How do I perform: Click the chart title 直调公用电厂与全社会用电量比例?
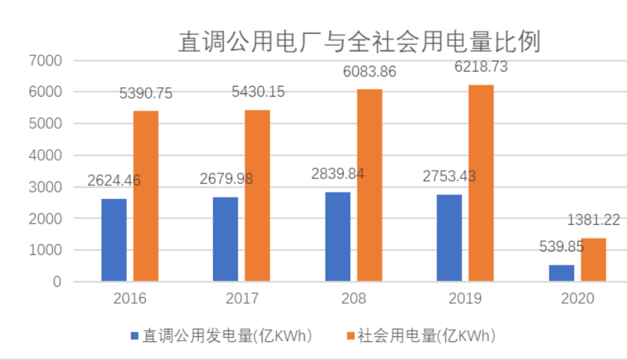[x=359, y=42]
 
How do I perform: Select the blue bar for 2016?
[x=114, y=240]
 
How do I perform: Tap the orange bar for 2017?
[x=257, y=196]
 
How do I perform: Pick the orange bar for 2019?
[x=481, y=183]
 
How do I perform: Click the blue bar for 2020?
[x=561, y=273]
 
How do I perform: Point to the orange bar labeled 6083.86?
[x=369, y=186]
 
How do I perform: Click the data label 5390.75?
[x=146, y=93]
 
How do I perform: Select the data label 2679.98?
[x=226, y=179]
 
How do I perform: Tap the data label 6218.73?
[x=481, y=67]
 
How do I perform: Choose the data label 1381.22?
[x=593, y=220]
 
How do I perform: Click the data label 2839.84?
[x=338, y=174]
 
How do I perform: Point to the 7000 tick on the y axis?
[x=44, y=61]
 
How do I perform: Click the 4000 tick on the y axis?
[x=44, y=156]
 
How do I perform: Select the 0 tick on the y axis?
[x=56, y=282]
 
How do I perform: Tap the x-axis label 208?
[x=354, y=298]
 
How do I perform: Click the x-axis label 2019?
[x=466, y=298]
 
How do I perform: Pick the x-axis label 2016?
[x=130, y=298]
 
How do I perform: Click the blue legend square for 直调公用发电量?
[x=135, y=336]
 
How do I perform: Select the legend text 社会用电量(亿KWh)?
[x=426, y=336]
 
